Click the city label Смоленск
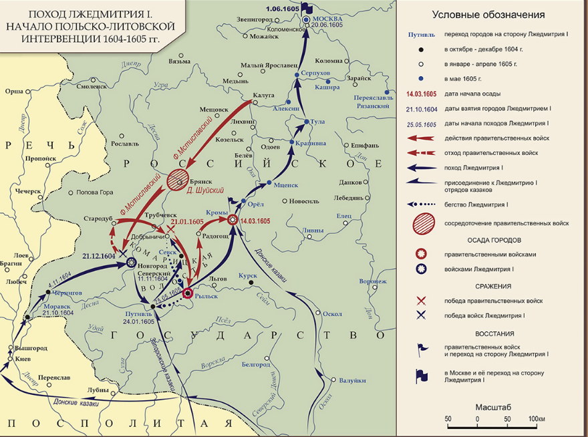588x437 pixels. pyautogui.click(x=92, y=86)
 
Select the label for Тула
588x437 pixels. pyautogui.click(x=317, y=121)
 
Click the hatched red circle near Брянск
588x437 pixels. pyautogui.click(x=178, y=178)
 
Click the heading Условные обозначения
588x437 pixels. pyautogui.click(x=488, y=15)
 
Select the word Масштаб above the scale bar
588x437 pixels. pyautogui.click(x=493, y=406)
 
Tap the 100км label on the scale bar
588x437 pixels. pyautogui.click(x=537, y=419)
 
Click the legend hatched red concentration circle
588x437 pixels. pyautogui.click(x=422, y=223)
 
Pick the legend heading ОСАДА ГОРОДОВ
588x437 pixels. pyautogui.click(x=488, y=240)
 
